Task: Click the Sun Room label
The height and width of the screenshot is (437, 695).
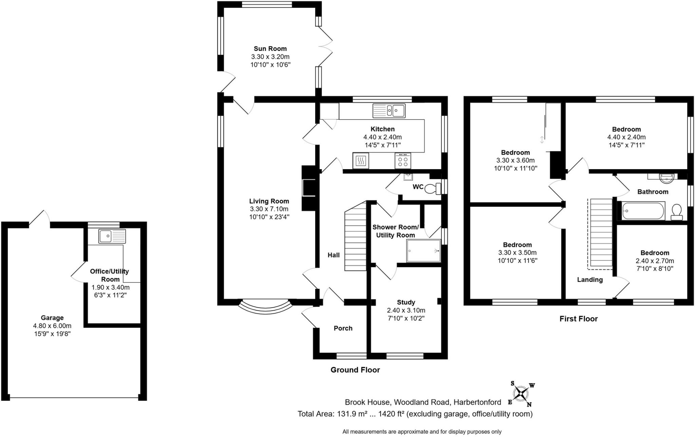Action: (x=270, y=49)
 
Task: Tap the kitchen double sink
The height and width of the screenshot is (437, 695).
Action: (x=389, y=110)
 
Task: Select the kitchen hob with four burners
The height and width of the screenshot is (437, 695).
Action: (x=403, y=161)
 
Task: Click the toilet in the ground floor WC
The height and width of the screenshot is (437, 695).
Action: (x=433, y=188)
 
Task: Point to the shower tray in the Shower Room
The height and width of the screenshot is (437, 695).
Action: (x=424, y=251)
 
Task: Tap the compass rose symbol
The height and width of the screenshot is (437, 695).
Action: (x=521, y=394)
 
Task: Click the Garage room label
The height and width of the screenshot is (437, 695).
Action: (x=52, y=318)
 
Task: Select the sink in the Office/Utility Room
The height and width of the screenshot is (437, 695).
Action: (x=112, y=236)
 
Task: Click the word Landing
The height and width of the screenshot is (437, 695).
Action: (x=590, y=279)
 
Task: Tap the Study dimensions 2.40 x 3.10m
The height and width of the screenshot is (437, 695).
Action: (x=406, y=310)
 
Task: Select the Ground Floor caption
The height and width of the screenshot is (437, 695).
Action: (x=355, y=370)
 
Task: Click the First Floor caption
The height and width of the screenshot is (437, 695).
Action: (x=579, y=318)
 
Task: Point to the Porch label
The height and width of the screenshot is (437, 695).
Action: (x=343, y=328)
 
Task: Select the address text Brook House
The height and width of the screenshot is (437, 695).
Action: (x=367, y=402)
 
